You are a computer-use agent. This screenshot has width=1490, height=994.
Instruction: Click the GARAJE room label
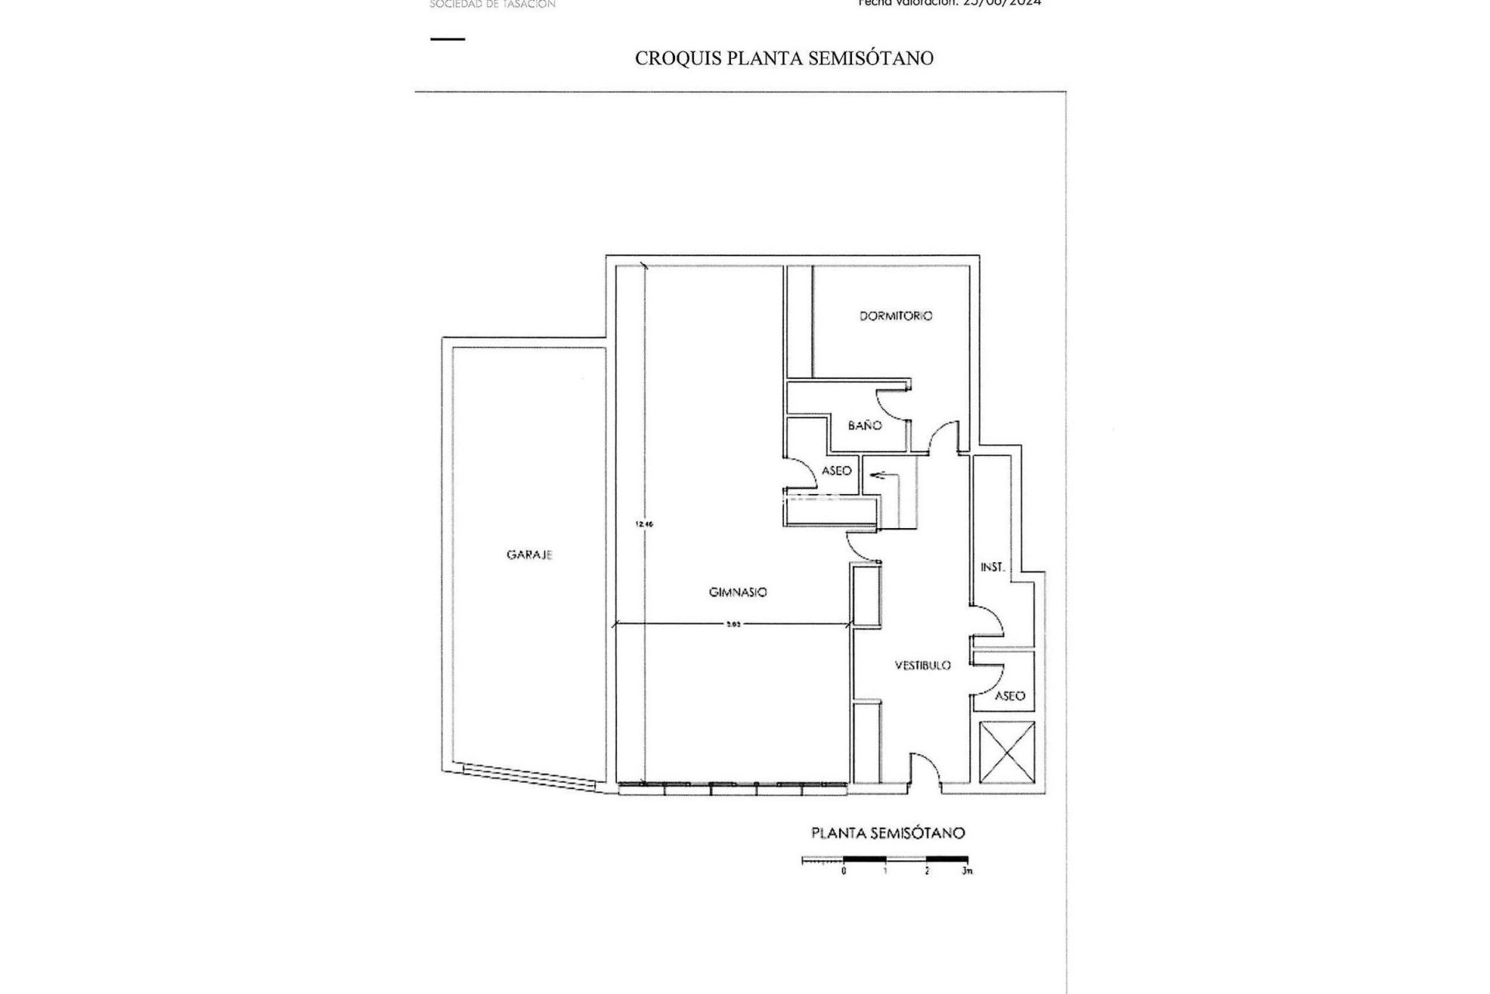pos(529,555)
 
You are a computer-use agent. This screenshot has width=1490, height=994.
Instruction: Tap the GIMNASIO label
pos(738,593)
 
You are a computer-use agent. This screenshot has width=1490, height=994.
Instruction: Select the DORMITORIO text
pos(896,316)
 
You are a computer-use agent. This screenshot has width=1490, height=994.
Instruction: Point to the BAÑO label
pos(865,426)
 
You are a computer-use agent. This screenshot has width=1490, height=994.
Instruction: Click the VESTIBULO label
pos(923,666)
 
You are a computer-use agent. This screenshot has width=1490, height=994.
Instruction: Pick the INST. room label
pos(993,568)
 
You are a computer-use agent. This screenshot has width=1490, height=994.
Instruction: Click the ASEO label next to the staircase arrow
pos(837,471)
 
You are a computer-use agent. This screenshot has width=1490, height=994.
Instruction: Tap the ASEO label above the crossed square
pos(1010,696)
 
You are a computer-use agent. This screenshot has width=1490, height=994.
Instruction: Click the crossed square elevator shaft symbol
pos(1007,752)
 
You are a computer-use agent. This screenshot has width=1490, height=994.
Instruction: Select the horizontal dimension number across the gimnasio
pos(733,624)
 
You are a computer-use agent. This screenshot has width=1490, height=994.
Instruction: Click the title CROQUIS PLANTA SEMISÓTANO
pos(784,58)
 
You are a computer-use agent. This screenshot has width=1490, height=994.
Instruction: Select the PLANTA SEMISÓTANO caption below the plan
pos(888,833)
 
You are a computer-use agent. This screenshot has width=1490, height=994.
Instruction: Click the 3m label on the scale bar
pos(966,871)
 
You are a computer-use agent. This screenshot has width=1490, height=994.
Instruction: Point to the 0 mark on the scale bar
pos(844,871)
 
